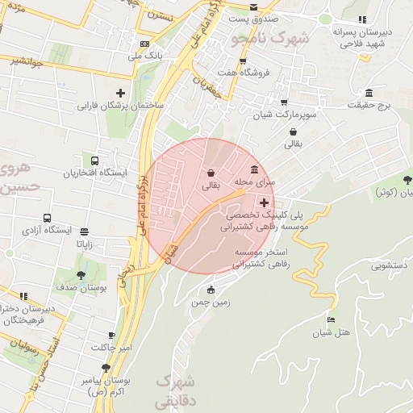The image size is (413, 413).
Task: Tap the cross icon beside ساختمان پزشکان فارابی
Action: pos(121,93)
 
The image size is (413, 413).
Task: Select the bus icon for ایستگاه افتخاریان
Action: pos(96,161)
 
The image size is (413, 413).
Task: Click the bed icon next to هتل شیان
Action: pos(330,321)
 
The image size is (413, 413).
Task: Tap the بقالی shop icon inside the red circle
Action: pos(211,173)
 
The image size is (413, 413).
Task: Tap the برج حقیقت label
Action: pos(369,105)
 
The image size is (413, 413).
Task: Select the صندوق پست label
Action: pos(252,18)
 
